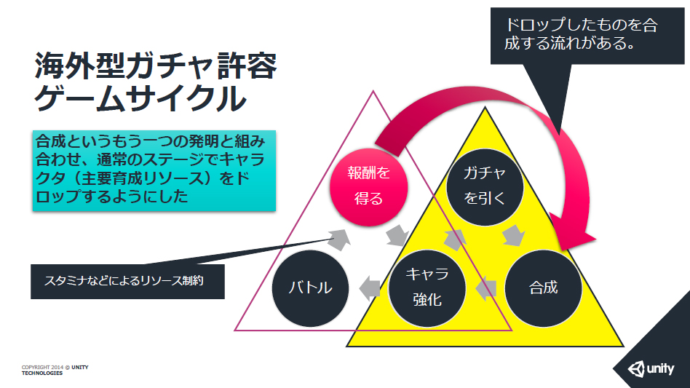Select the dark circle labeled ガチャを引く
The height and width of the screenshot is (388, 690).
click(x=485, y=185)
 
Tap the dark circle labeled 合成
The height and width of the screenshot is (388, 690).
click(x=543, y=287)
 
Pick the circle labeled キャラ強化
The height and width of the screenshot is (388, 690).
click(x=427, y=287)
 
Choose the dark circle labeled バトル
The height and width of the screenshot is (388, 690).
click(x=310, y=287)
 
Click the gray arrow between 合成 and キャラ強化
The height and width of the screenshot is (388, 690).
click(x=485, y=288)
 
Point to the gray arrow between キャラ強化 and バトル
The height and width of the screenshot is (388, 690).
click(x=370, y=287)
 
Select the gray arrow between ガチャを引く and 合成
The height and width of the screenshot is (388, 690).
click(x=515, y=235)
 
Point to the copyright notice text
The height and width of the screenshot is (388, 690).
click(x=55, y=369)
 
